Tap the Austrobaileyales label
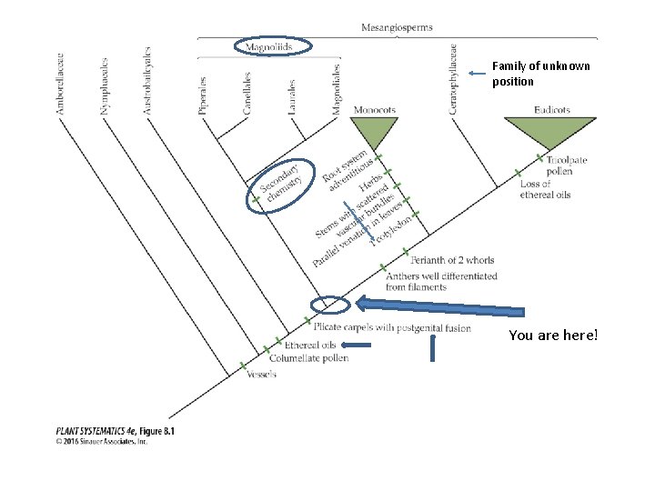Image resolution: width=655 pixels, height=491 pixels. (x=147, y=81)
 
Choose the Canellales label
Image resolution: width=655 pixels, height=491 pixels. (x=247, y=93)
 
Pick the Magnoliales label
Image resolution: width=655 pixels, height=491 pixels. (x=336, y=88)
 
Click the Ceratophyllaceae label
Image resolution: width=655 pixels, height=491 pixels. (x=453, y=79)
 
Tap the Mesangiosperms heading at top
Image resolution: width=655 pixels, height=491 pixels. (x=398, y=27)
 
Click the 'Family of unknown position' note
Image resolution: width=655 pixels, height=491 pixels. (x=540, y=73)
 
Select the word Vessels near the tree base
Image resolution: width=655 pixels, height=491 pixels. (x=260, y=375)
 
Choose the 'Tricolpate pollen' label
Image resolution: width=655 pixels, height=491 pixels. (x=566, y=165)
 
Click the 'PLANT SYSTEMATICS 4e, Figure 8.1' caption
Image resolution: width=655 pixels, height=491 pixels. (x=115, y=432)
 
